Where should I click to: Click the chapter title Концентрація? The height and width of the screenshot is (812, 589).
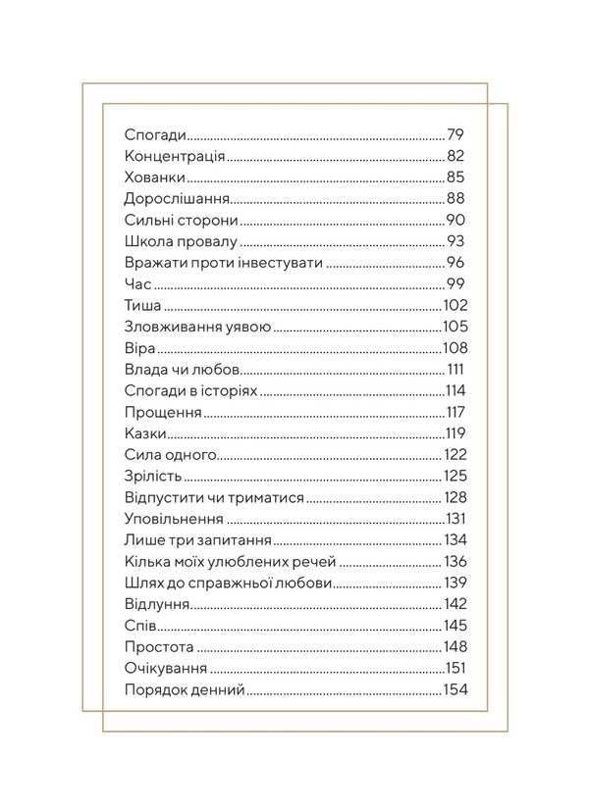(x=176, y=156)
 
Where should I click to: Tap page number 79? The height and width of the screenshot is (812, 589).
(x=455, y=134)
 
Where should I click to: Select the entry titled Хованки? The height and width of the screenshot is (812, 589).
(x=156, y=178)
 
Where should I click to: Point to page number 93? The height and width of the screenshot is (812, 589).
(x=455, y=241)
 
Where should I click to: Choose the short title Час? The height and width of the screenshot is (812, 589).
(x=139, y=284)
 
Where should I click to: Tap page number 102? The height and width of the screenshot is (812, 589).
(x=455, y=306)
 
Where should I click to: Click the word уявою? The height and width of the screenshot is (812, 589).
(x=251, y=327)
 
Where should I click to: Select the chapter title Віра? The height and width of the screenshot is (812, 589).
(x=141, y=348)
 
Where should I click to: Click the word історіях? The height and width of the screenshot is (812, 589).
(x=226, y=391)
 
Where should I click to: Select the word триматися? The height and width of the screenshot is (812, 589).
(x=268, y=498)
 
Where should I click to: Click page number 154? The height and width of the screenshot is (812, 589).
(x=455, y=690)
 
